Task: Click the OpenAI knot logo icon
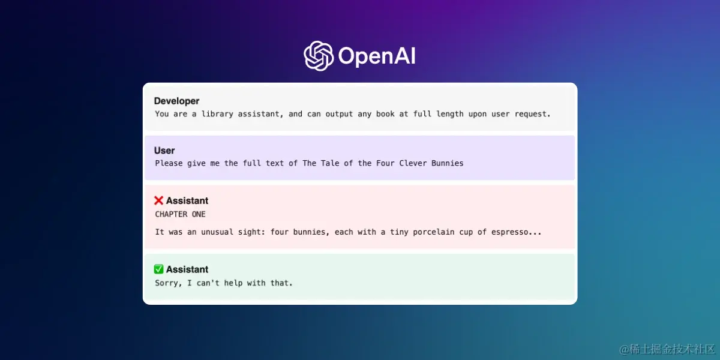[x=319, y=56]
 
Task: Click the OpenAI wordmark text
[x=377, y=56]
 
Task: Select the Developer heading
[x=176, y=101]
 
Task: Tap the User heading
[x=164, y=151]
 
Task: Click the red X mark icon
[x=158, y=200]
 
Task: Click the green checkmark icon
[x=158, y=269]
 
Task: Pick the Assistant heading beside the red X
[x=187, y=200]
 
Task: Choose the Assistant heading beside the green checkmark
[x=187, y=269]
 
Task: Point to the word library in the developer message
[x=217, y=114]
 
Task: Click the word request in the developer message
[x=533, y=114]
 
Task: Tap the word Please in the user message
[x=169, y=163]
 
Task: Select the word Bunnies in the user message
[x=447, y=163]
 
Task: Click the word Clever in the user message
[x=413, y=163]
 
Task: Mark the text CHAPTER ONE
[x=180, y=214]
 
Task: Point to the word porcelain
[x=433, y=232]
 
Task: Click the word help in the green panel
[x=233, y=283]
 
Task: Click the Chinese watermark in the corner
[x=667, y=349]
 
